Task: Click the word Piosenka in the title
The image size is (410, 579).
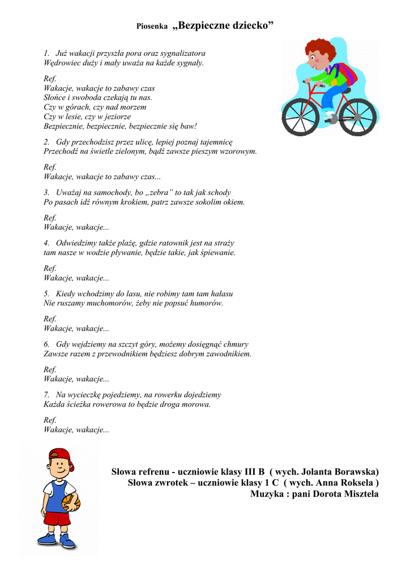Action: pyautogui.click(x=152, y=27)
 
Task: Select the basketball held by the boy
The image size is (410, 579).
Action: pyautogui.click(x=72, y=503)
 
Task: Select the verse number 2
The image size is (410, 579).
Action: pyautogui.click(x=46, y=142)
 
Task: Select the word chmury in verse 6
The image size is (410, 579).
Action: pyautogui.click(x=236, y=344)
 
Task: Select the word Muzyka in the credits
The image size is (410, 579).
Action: pyautogui.click(x=268, y=494)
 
